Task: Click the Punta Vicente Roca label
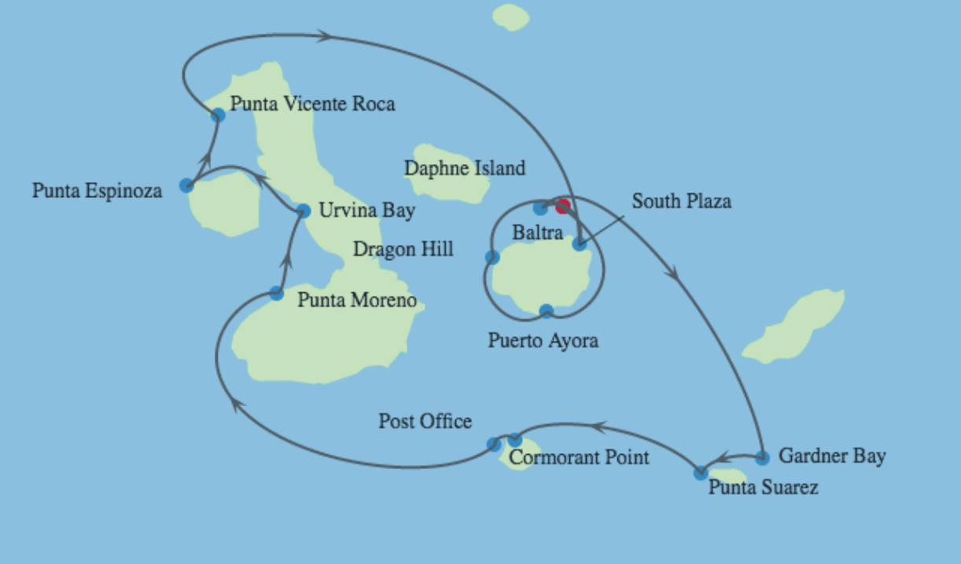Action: [312, 104]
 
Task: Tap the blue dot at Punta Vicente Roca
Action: [218, 115]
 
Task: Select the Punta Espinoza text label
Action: [97, 190]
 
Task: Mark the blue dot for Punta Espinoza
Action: [186, 185]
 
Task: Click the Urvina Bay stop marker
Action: [304, 211]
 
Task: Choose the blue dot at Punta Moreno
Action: [276, 293]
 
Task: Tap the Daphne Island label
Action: [464, 168]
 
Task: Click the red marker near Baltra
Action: [562, 207]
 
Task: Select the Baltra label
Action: [537, 233]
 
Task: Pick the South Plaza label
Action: [681, 201]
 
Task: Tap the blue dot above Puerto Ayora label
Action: [547, 311]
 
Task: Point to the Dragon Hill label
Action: [403, 250]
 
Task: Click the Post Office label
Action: [425, 421]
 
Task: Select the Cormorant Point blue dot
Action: [514, 440]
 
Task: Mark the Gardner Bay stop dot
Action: [761, 457]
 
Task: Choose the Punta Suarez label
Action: [763, 488]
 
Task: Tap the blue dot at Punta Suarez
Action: [700, 473]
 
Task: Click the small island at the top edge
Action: [511, 16]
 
